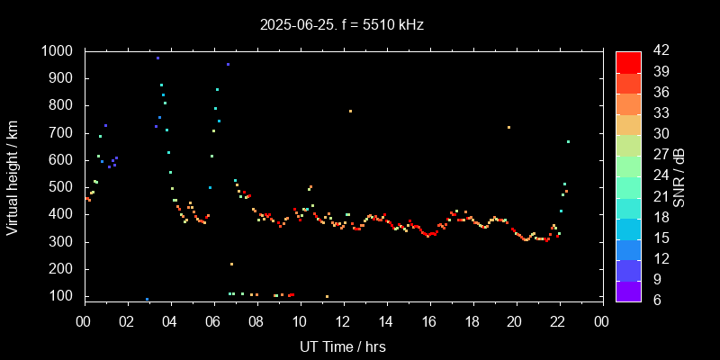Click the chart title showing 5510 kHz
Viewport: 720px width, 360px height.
(x=341, y=25)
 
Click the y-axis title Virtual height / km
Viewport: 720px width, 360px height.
(x=13, y=175)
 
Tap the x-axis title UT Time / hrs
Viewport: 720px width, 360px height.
(x=343, y=346)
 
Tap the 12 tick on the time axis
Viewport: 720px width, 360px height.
(x=343, y=321)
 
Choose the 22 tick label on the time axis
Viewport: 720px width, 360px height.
(x=559, y=321)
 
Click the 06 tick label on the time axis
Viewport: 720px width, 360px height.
(x=213, y=321)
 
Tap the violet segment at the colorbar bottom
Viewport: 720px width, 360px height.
(x=628, y=291)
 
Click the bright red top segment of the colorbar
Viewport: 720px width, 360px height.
(x=628, y=61)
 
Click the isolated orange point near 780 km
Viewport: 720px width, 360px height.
(x=350, y=111)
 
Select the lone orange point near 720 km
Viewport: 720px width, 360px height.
(x=508, y=127)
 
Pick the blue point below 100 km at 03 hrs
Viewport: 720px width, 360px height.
(x=147, y=299)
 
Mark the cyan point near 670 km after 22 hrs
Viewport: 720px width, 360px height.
(x=568, y=141)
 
